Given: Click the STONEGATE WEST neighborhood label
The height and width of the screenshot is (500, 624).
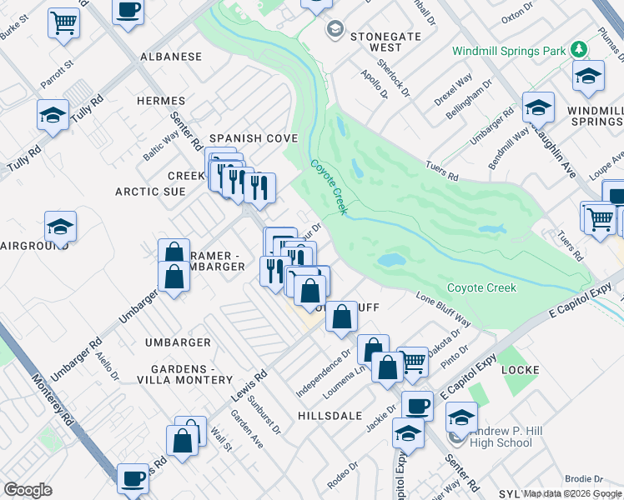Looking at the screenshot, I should coord(375,42).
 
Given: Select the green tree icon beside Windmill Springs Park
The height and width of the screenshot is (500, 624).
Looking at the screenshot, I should coord(579,50).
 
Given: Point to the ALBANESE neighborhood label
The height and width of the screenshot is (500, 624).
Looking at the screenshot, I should coord(170,57).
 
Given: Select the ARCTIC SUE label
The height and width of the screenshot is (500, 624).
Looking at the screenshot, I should coord(150,192).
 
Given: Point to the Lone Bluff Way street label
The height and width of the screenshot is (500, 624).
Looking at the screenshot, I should coord(443,309).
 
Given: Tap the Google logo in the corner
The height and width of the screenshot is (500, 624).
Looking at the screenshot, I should coord(28,490).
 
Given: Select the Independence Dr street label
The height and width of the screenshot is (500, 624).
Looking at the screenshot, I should coord(324,375).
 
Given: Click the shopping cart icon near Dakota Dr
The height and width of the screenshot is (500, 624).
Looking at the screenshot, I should coord(412,361).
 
